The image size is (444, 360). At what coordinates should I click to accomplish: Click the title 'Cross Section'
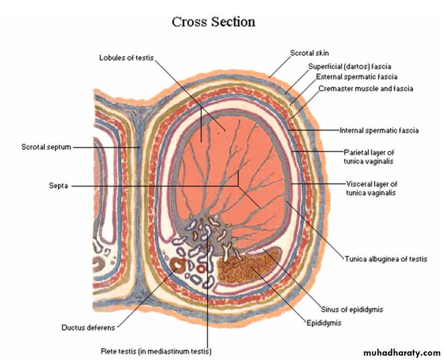click(213, 22)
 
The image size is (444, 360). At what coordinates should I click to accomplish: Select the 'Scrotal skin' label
click(309, 53)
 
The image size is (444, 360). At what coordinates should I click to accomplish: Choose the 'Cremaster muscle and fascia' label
click(366, 88)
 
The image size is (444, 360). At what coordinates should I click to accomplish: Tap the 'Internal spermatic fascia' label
click(379, 130)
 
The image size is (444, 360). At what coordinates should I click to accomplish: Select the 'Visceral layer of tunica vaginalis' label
click(371, 188)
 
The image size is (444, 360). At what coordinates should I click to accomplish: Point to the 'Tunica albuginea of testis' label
click(386, 259)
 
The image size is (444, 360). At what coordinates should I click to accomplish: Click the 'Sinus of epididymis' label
click(355, 309)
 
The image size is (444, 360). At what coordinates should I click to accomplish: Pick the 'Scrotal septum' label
click(46, 147)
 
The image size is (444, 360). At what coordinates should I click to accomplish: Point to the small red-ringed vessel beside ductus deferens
click(201, 267)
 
